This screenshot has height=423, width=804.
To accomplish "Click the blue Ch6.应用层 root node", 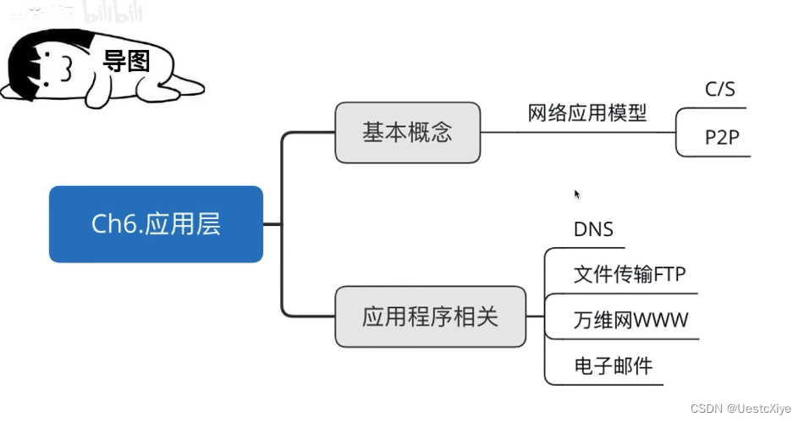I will (x=156, y=224).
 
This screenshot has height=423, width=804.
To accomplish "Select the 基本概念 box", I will (x=407, y=133).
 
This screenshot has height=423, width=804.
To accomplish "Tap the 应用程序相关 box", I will (x=430, y=317).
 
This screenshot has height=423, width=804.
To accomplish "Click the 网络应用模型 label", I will (x=587, y=113).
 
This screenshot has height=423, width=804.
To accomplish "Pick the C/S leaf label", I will (x=719, y=90).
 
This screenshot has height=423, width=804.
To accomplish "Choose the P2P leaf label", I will (x=723, y=138).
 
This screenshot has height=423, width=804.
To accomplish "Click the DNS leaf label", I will (x=592, y=229).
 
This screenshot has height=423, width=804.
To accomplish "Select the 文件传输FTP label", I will (x=630, y=275).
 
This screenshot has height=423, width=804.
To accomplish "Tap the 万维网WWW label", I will (x=631, y=321).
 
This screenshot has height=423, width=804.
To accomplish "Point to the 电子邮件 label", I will (x=601, y=367).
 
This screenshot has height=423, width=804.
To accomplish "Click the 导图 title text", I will (x=126, y=61).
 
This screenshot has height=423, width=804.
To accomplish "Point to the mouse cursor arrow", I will (x=577, y=194).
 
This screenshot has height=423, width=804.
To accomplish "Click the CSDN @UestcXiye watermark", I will (x=740, y=409).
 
